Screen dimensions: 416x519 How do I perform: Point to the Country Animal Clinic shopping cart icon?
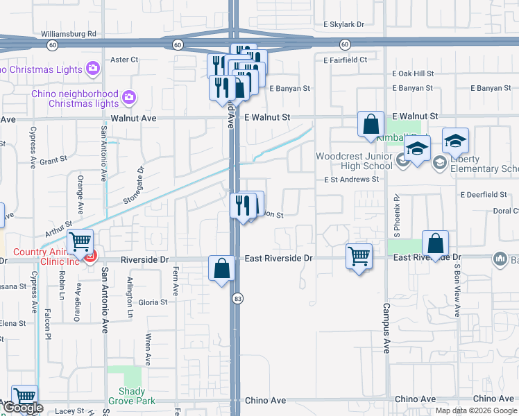(81, 241)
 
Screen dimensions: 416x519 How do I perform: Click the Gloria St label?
(153, 302)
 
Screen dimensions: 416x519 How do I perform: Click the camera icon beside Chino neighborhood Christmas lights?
(128, 96)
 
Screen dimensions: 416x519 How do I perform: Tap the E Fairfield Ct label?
(345, 60)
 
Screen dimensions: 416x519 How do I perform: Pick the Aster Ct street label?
(125, 60)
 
